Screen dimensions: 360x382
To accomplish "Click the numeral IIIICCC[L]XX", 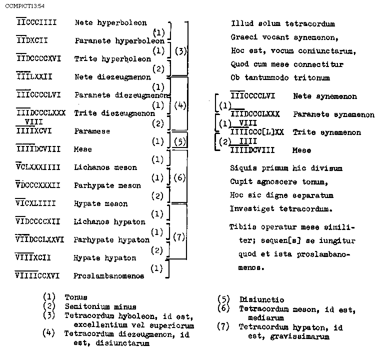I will coord(257,132).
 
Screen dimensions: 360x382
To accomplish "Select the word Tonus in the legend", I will coord(75,297).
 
